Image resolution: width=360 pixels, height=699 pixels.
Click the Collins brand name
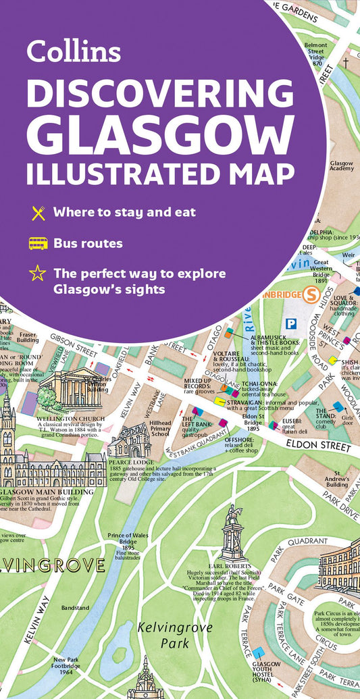pyautogui.click(x=73, y=51)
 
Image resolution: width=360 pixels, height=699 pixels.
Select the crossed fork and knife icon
pyautogui.click(x=38, y=213)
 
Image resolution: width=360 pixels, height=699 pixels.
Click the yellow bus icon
pyautogui.click(x=38, y=243)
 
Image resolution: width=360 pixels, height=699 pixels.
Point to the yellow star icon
pyautogui.click(x=38, y=274)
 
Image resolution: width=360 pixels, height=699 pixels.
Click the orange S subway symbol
pyautogui.click(x=312, y=294)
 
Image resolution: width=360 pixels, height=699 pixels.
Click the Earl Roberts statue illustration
pyautogui.click(x=233, y=534)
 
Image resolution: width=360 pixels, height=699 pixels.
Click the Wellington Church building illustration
pyautogui.click(x=71, y=389)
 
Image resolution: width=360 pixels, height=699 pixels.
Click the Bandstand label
pyautogui.click(x=75, y=608)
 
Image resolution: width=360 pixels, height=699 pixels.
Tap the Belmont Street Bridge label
pyautogui.click(x=317, y=51)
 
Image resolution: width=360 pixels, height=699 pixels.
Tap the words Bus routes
pyautogui.click(x=88, y=243)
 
